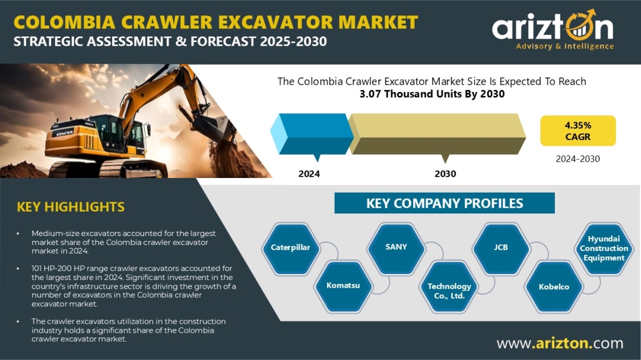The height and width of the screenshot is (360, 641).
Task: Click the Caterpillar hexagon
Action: pyautogui.click(x=291, y=248)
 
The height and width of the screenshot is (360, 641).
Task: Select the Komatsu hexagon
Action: pyautogui.click(x=343, y=286)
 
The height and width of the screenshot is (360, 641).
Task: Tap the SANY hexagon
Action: pyautogui.click(x=396, y=247)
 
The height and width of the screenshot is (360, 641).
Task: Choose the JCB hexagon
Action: pyautogui.click(x=501, y=248)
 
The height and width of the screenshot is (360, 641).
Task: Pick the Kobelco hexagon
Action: pyautogui.click(x=554, y=287)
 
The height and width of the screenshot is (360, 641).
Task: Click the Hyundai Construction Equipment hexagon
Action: pyautogui.click(x=604, y=248)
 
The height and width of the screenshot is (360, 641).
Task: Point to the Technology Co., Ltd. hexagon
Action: pyautogui.click(x=449, y=287)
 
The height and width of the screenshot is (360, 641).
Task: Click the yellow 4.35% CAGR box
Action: pyautogui.click(x=577, y=130)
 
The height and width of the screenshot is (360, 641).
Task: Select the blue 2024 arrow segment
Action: pyautogui.click(x=312, y=134)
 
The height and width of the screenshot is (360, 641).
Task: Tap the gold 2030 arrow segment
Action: pyautogui.click(x=437, y=134)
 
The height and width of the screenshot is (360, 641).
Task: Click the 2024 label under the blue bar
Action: pyautogui.click(x=309, y=174)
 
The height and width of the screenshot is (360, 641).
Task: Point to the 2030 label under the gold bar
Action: pyautogui.click(x=445, y=174)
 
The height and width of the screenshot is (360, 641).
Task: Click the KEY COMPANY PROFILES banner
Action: pyautogui.click(x=445, y=203)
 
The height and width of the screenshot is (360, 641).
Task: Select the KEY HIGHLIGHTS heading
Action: pyautogui.click(x=71, y=207)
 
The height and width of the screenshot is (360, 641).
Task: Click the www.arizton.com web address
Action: pyautogui.click(x=560, y=343)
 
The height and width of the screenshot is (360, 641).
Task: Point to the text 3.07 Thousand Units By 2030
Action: pyautogui.click(x=432, y=94)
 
